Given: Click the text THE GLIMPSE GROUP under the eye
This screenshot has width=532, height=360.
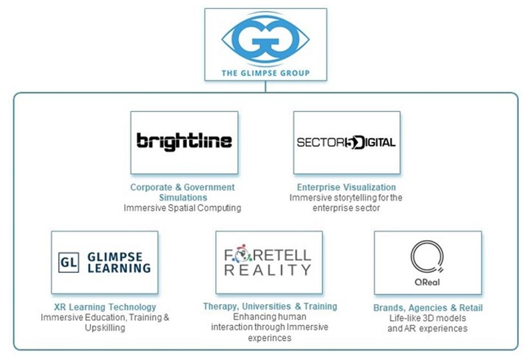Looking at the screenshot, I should (265, 73).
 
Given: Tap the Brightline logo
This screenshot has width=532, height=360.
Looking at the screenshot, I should (184, 141).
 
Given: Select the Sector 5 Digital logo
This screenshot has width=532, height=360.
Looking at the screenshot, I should (346, 143).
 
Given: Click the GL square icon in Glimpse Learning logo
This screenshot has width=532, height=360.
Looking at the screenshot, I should (68, 263).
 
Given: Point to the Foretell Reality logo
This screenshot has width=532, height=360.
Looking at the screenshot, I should (268, 262).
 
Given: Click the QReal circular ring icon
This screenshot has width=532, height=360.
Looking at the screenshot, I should (427, 257).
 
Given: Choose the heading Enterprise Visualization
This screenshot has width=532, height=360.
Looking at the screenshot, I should (346, 187).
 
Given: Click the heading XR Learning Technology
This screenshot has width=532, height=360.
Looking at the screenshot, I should (105, 307).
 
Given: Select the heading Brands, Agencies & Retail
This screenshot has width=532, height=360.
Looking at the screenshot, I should (427, 308).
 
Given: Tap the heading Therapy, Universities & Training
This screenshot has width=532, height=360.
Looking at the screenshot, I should (270, 306).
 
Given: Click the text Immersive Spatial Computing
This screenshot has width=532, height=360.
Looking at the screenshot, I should (182, 208).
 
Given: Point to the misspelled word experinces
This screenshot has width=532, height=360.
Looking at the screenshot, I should (269, 338).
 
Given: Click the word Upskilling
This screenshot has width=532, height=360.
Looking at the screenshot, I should (105, 328).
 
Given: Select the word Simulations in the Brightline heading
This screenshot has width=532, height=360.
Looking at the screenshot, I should (183, 198).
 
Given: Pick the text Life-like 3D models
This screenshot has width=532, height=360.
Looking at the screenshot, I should (427, 318).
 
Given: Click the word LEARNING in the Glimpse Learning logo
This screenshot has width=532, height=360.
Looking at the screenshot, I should (119, 268).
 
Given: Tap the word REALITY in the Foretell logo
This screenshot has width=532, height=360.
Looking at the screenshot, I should (269, 270).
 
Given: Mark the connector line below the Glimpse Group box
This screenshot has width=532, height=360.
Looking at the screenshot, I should (265, 86).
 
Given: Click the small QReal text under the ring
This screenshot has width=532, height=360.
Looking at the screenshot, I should (427, 282).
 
